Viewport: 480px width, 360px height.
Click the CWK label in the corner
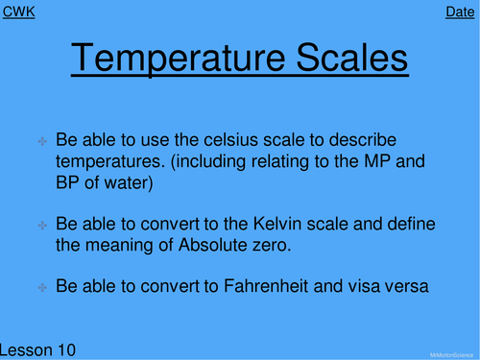coord(19,12)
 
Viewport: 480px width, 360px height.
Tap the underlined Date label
coord(460,12)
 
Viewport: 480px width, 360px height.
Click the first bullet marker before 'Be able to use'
coord(43,141)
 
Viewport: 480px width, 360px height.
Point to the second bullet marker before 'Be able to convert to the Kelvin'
coord(43,225)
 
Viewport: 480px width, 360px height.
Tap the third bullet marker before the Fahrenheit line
coord(43,287)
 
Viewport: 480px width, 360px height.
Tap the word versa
coord(398,286)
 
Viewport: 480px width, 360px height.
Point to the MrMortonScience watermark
coord(450,352)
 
